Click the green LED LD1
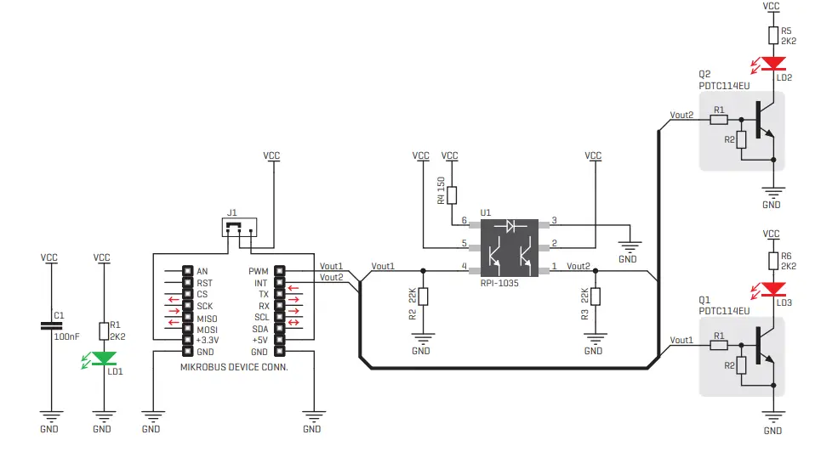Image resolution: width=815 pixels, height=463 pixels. [103, 359]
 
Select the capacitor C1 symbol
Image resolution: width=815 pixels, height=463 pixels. [50, 325]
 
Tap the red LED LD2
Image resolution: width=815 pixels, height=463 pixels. [772, 63]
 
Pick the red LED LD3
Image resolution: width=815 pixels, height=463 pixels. [772, 289]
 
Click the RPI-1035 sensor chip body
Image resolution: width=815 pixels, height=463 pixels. [510, 247]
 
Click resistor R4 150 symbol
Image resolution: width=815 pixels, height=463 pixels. [451, 195]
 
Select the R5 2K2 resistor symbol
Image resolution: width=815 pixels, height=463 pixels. [772, 35]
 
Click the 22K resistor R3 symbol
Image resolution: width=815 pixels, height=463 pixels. [596, 296]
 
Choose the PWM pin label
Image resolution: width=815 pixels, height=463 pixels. [259, 271]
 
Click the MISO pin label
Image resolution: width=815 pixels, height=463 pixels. [207, 318]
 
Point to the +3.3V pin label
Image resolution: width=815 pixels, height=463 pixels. [207, 340]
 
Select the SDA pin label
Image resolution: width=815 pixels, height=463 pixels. [260, 329]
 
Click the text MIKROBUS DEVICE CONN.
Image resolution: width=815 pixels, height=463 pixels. [234, 368]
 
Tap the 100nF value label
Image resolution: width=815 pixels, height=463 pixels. [66, 336]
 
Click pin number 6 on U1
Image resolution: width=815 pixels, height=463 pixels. [464, 221]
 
